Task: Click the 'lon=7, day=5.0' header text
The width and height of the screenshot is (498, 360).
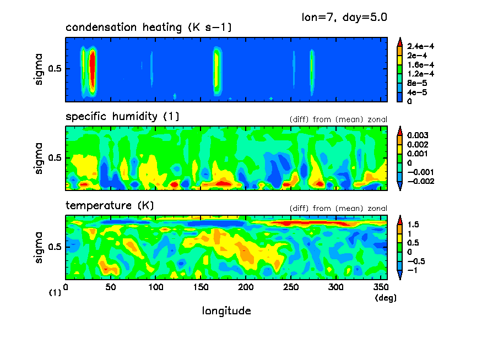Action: click(x=344, y=17)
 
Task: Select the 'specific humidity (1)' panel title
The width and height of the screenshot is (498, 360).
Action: click(x=122, y=117)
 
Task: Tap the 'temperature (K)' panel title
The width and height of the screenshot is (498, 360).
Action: click(x=110, y=206)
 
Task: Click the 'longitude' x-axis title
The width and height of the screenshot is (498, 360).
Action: click(x=226, y=311)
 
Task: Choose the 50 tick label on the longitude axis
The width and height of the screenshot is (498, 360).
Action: click(x=111, y=287)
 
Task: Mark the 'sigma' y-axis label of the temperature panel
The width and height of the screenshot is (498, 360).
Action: click(x=39, y=247)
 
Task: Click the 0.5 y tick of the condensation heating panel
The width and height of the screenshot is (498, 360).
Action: click(x=56, y=69)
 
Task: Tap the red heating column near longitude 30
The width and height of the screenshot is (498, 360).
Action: click(x=93, y=69)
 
